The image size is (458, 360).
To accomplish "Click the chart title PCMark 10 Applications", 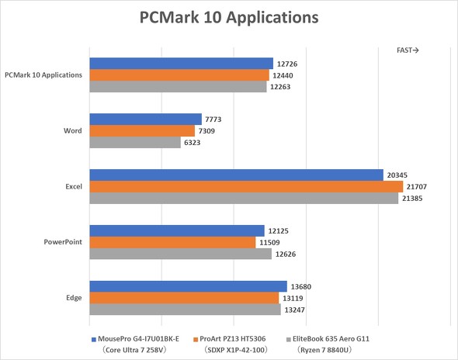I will coord(228,16).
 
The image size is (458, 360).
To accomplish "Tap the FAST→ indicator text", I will coord(408,50).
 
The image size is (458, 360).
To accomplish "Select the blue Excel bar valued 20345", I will coord(236,175).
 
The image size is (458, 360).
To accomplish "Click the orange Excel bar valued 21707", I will coord(246,187).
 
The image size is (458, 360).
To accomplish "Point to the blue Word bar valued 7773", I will coord(145,119).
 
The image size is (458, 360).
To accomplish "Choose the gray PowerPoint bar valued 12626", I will coord(181,254).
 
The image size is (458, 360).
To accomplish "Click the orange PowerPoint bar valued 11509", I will coord(172,243).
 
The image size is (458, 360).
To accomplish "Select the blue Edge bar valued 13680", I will coord(188,287).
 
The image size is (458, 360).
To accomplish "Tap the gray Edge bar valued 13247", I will coord(185,310).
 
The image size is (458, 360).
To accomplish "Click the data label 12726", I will coord(289,64).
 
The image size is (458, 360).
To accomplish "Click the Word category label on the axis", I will coord(73,131).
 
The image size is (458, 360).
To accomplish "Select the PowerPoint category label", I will coord(63,242).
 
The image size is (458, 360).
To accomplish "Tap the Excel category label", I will coord(73,187).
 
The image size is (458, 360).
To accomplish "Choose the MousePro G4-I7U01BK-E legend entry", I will coord(136,339).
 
